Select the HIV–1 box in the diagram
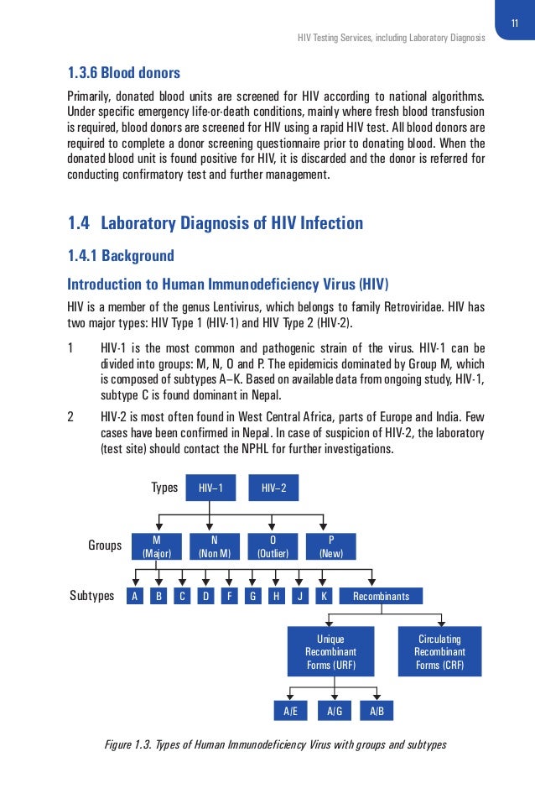pos(210,488)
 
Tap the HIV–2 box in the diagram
pos(273,488)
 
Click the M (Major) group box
pos(157,546)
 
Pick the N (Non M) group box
pos(215,546)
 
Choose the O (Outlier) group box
pos(273,546)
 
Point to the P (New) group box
pos(330,546)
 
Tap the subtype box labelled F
pos(229,597)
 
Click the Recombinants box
pos(382,597)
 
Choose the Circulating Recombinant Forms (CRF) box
pos(439,651)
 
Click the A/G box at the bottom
pos(335,711)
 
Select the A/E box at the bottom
pos(290,711)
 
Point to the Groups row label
pos(105,546)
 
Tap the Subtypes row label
pos(91,597)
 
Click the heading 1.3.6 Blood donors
pos(123,72)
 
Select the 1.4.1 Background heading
pos(121,255)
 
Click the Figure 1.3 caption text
pos(273,745)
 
